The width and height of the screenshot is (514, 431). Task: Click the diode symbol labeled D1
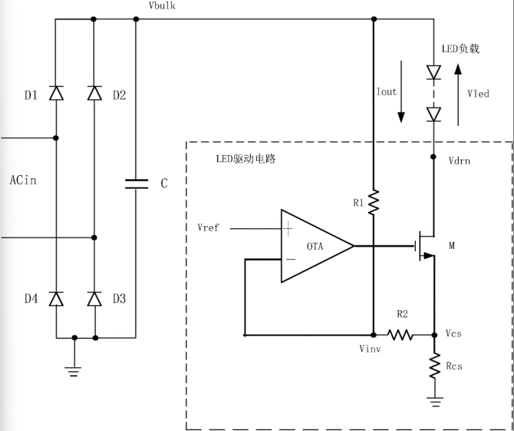[x=56, y=94]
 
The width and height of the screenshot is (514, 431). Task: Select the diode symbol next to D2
[x=94, y=94]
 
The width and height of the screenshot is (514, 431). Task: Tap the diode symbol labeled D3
[x=94, y=299]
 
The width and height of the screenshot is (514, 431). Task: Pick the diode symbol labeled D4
[x=56, y=299]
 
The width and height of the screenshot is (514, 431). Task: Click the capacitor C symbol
[x=136, y=184]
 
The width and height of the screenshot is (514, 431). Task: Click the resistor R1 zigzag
[x=374, y=204]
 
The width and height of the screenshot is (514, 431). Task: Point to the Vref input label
[x=208, y=229]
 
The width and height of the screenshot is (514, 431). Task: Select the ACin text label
[x=23, y=181]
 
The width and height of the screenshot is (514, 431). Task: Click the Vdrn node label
[x=460, y=161]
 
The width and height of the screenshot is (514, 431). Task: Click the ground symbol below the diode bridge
[x=74, y=370]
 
